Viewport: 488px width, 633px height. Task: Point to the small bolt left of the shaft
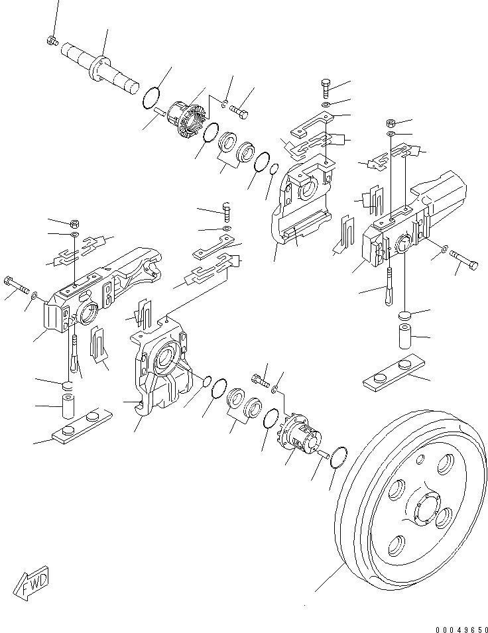coord(52,42)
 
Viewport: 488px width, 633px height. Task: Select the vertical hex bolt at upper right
coord(327,87)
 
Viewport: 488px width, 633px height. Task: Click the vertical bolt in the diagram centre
coord(227,211)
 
